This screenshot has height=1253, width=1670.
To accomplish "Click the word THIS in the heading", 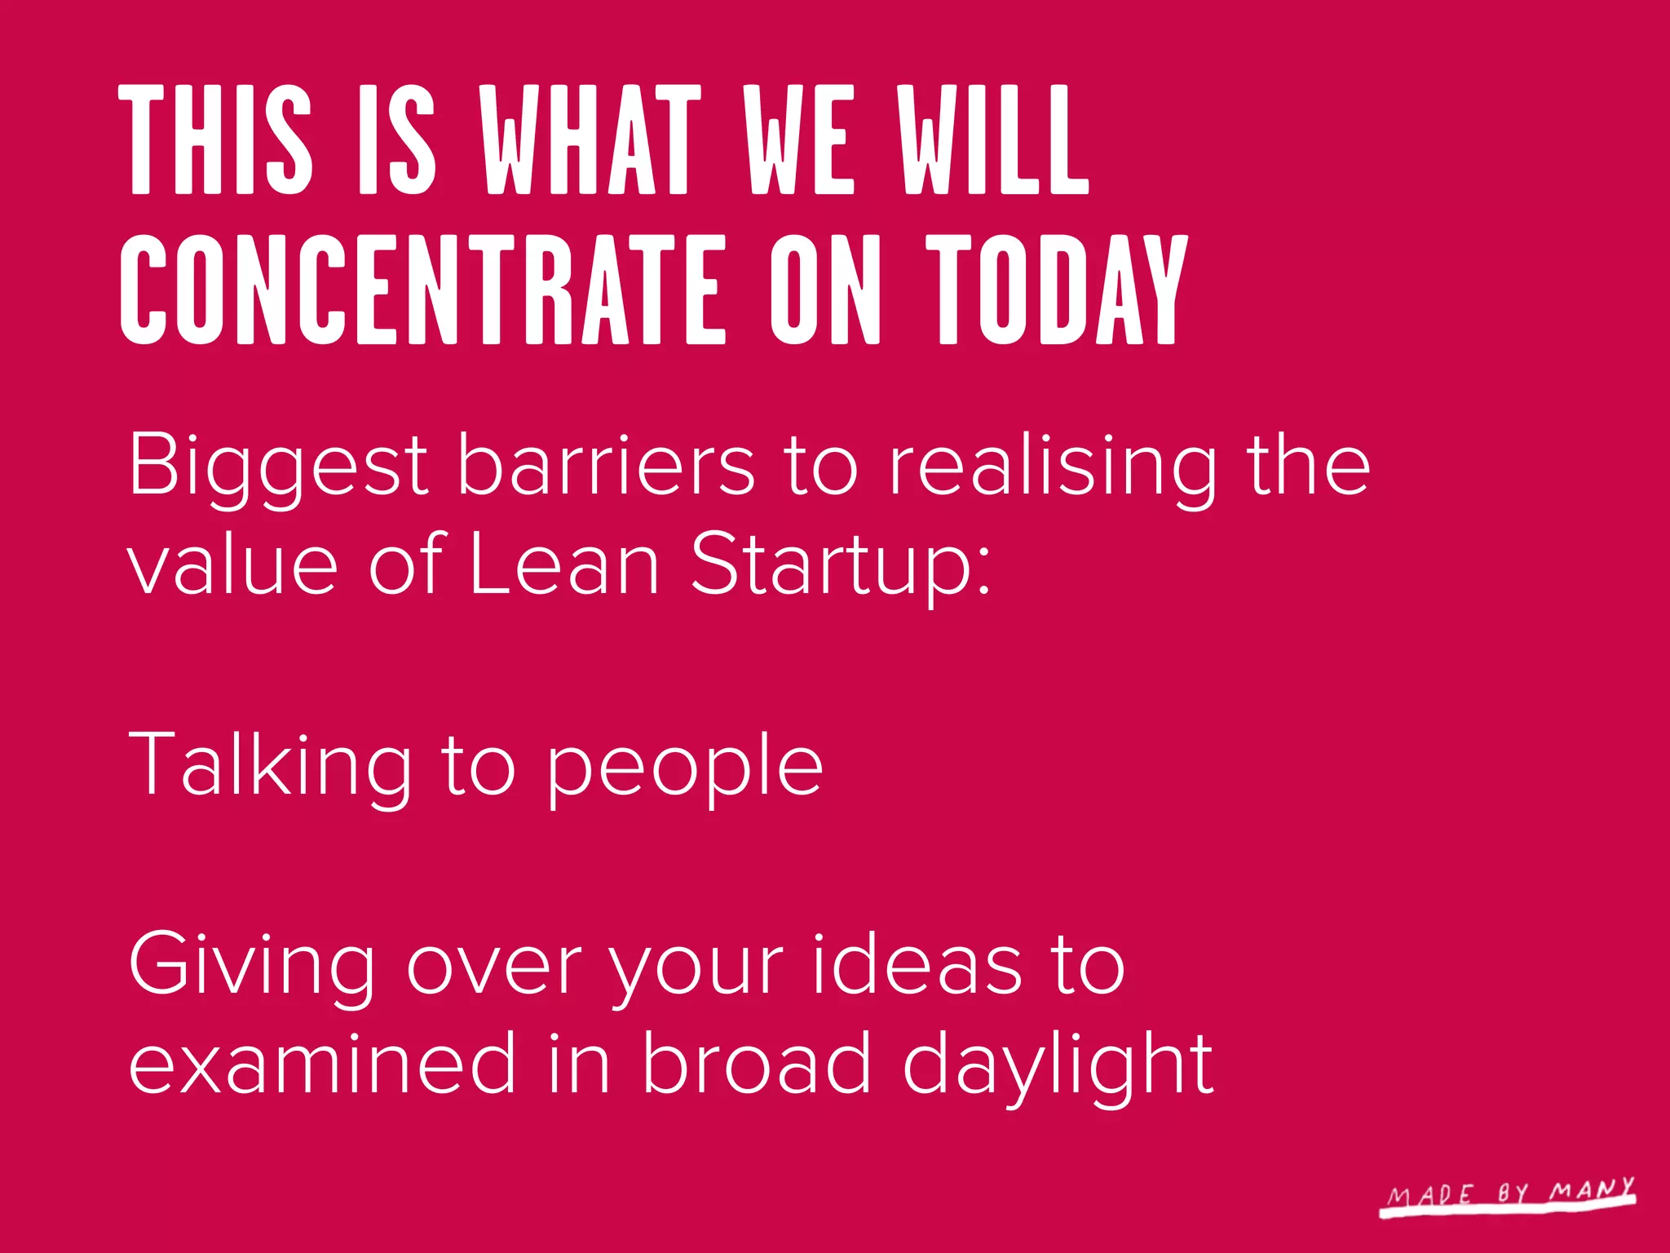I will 216,140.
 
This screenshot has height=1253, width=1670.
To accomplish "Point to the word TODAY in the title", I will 1057,290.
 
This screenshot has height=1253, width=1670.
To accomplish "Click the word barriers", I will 605,465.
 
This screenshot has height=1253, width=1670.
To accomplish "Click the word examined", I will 322,1062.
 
